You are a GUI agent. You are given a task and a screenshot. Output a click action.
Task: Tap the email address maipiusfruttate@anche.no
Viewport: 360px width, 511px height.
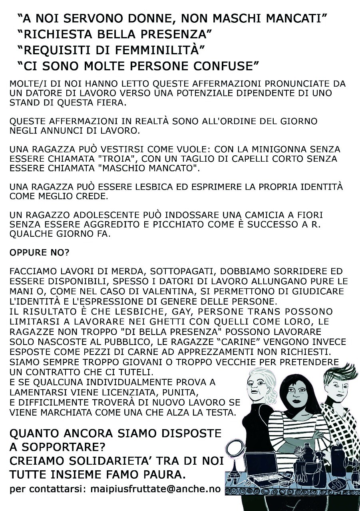tap(156, 489)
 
